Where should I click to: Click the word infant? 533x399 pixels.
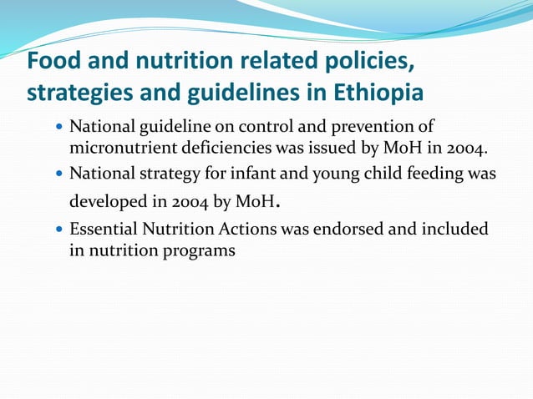click(x=254, y=174)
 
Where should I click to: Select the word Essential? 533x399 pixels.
click(x=103, y=228)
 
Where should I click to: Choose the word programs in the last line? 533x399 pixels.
click(x=197, y=249)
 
